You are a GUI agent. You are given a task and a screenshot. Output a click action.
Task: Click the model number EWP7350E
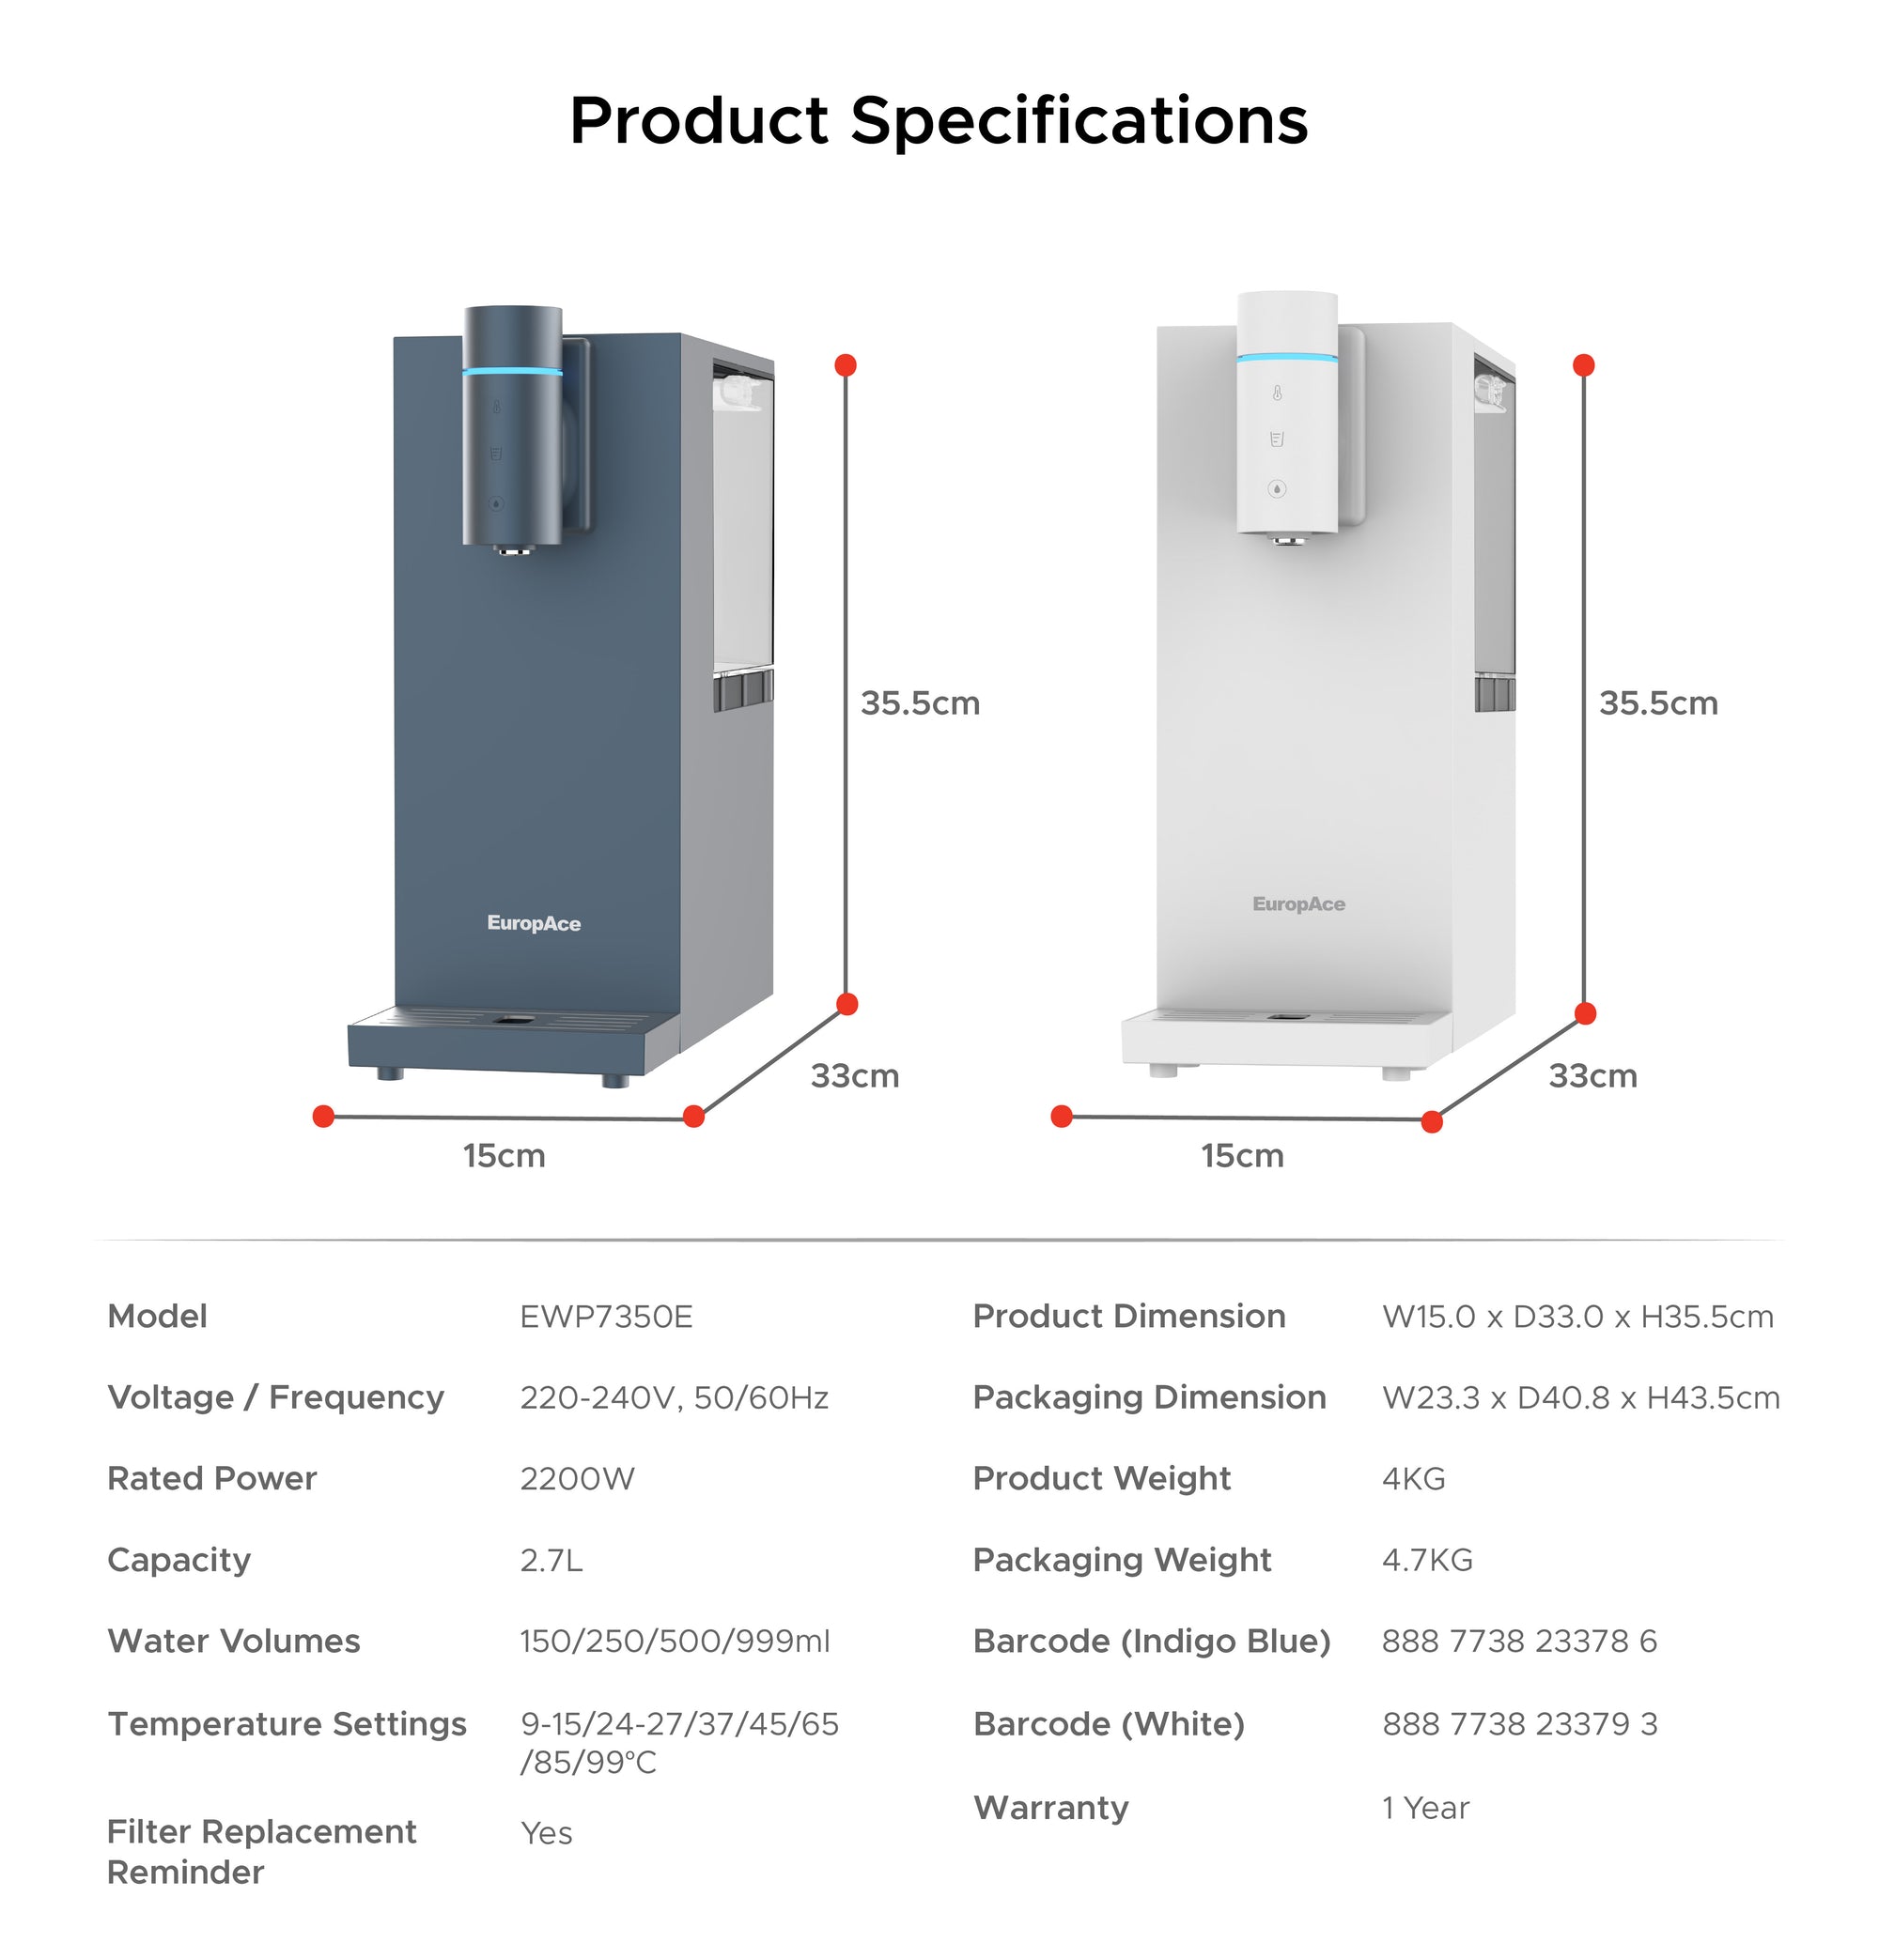(x=606, y=1317)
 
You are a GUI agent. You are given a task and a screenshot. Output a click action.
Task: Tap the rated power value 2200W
(x=577, y=1478)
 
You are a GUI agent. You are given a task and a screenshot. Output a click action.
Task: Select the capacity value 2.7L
(x=551, y=1561)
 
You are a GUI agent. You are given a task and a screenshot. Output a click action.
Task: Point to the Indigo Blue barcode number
(x=1519, y=1642)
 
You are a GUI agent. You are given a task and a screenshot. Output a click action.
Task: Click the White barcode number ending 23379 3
(x=1519, y=1724)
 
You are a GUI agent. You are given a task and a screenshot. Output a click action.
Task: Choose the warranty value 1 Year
(x=1425, y=1807)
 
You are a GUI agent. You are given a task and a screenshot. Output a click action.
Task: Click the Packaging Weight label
(x=1122, y=1561)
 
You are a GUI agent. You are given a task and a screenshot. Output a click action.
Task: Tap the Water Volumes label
(x=234, y=1642)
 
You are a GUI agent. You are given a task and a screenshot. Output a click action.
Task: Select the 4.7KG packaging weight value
(x=1427, y=1561)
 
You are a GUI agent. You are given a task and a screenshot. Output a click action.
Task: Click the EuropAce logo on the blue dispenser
(x=534, y=924)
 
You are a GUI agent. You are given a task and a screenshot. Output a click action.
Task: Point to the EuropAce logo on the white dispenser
(x=1299, y=904)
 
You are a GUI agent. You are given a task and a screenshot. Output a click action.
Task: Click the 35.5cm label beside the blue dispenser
(x=919, y=703)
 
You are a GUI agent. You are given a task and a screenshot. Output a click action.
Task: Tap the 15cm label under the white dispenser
(x=1242, y=1156)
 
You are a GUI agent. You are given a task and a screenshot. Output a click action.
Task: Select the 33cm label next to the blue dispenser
(x=855, y=1075)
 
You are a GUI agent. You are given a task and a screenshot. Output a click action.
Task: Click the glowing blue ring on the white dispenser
(x=1287, y=358)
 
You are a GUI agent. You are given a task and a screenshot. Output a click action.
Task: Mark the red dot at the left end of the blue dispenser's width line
(x=323, y=1117)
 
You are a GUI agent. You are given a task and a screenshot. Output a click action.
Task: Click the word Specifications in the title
(x=1079, y=121)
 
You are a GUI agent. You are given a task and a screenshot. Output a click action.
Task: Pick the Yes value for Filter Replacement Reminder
(x=547, y=1833)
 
